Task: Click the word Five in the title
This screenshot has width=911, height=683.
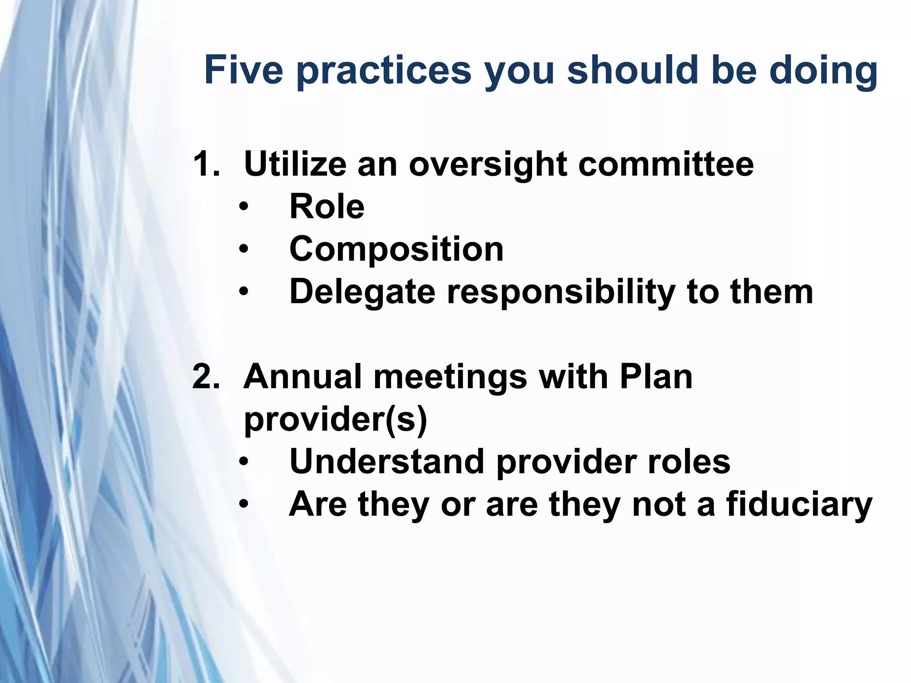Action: (x=244, y=70)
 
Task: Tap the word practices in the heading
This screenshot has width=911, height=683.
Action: (x=384, y=71)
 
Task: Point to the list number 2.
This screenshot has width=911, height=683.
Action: (x=206, y=376)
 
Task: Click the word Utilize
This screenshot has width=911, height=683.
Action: (x=295, y=164)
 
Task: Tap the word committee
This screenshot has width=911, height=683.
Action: (x=666, y=164)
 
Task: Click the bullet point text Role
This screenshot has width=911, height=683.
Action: (x=327, y=206)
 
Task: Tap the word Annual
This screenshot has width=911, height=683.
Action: (x=301, y=376)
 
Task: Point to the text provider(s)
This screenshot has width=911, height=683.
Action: (x=335, y=419)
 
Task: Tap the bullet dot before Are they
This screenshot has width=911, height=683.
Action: (x=243, y=505)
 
